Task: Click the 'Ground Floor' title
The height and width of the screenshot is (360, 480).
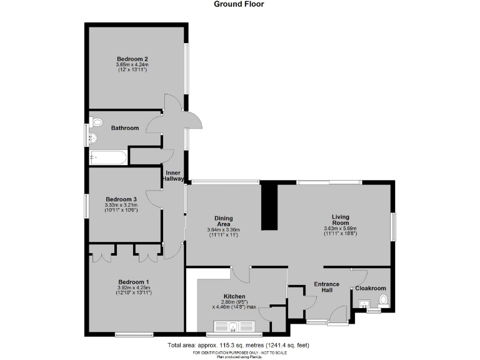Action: [239, 4]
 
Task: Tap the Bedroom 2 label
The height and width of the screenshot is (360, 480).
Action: [131, 59]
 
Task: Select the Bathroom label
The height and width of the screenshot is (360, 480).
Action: [124, 128]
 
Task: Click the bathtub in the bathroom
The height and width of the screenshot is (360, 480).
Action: [109, 156]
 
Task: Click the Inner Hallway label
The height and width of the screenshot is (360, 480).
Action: [174, 175]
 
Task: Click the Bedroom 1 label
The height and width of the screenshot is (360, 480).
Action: [134, 282]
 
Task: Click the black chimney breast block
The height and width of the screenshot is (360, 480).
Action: [270, 206]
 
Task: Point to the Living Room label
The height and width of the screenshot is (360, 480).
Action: [340, 219]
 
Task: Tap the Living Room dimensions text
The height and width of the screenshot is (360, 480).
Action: [340, 231]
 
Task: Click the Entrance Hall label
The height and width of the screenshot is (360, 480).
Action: [326, 287]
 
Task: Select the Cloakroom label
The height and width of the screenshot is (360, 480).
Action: [371, 289]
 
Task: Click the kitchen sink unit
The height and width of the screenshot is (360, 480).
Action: [234, 326]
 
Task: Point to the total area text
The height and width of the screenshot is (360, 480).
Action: [238, 345]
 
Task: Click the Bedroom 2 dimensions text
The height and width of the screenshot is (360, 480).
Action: [131, 67]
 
